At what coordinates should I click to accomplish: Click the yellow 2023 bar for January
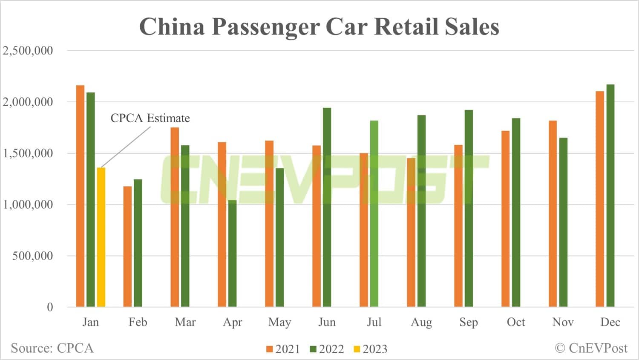pyautogui.click(x=101, y=237)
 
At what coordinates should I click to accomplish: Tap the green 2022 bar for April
pyautogui.click(x=232, y=253)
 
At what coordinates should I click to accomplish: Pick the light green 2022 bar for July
pyautogui.click(x=374, y=213)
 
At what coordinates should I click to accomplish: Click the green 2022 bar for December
pyautogui.click(x=610, y=196)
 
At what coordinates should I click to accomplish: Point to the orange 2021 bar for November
pyautogui.click(x=553, y=213)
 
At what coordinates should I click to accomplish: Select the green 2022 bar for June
pyautogui.click(x=327, y=207)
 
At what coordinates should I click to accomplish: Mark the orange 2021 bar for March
pyautogui.click(x=175, y=217)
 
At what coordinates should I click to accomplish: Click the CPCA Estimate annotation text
pyautogui.click(x=150, y=118)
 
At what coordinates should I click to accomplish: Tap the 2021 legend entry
pyautogui.click(x=283, y=349)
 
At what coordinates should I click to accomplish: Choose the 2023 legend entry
pyautogui.click(x=371, y=349)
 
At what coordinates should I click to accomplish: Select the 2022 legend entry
pyautogui.click(x=327, y=349)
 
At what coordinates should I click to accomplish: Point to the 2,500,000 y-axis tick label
pyautogui.click(x=28, y=51)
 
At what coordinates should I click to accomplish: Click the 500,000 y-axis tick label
pyautogui.click(x=32, y=256)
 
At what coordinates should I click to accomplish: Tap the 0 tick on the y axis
pyautogui.click(x=50, y=307)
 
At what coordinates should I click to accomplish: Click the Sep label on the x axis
pyautogui.click(x=468, y=322)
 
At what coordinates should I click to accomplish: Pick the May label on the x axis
pyautogui.click(x=279, y=322)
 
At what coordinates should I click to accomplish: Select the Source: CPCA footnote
pyautogui.click(x=52, y=348)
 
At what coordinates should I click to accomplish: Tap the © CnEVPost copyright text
pyautogui.click(x=591, y=348)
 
